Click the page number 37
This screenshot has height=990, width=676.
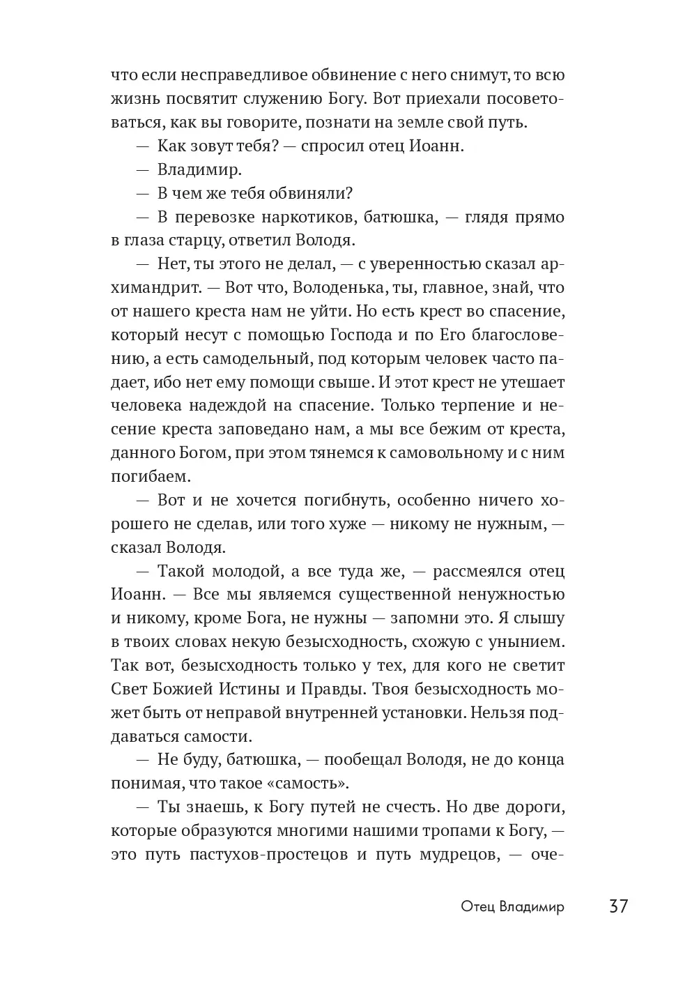(x=618, y=906)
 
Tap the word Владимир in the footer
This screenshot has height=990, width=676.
(x=532, y=907)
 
